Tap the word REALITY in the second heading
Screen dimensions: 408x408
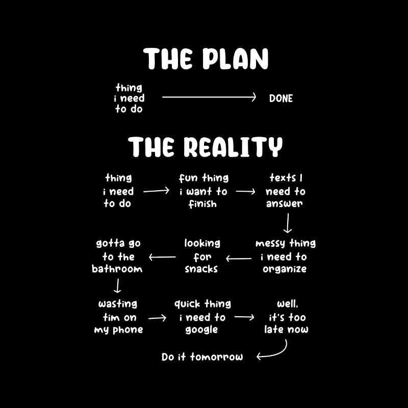[233, 147]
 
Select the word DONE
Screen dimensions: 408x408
[281, 98]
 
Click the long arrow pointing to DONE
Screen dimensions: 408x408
[209, 97]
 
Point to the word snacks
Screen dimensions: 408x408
[201, 269]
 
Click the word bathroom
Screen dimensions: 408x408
[117, 269]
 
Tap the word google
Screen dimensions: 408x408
[201, 329]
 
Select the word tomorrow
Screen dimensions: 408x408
[216, 356]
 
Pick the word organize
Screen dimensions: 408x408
[285, 269]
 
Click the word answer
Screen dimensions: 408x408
[285, 203]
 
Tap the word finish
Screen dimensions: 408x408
[202, 203]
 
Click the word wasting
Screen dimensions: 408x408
[118, 304]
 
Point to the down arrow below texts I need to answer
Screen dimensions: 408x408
[288, 223]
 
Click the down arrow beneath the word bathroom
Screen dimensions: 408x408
[117, 286]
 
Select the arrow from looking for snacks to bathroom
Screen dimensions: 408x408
[162, 257]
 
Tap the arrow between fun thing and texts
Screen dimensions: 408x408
[246, 192]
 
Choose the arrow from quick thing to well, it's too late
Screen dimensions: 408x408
[244, 317]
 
